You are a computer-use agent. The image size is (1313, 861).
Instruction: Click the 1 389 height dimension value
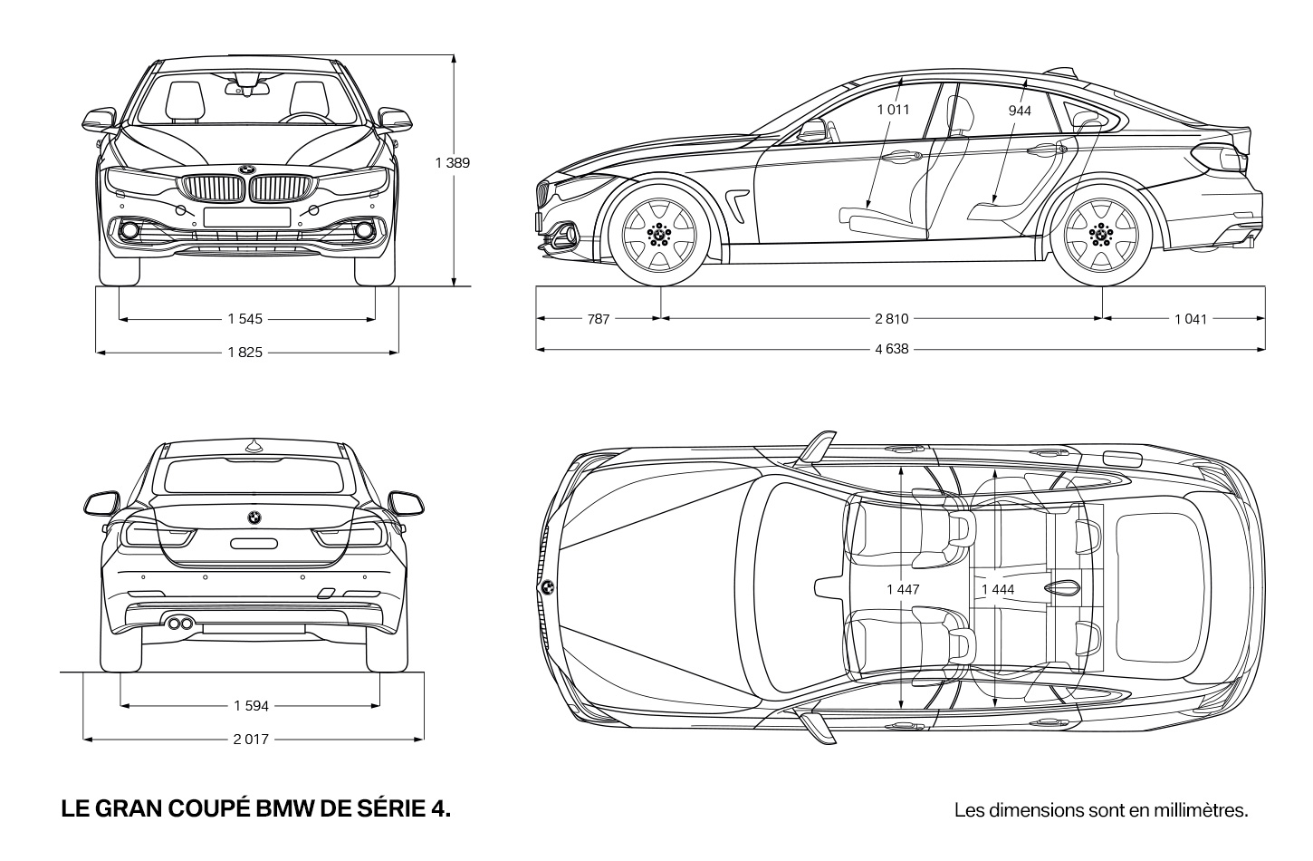(453, 162)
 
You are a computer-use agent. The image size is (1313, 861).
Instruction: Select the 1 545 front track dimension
(245, 319)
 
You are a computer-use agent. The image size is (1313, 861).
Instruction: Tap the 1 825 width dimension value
(245, 353)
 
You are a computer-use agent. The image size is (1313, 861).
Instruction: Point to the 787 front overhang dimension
(599, 319)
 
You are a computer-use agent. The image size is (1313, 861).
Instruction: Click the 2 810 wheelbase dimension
(892, 319)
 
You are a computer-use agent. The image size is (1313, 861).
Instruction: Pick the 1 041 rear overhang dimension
(1191, 319)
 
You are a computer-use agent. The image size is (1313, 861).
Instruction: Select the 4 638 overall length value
(892, 349)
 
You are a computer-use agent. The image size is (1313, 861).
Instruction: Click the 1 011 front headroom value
(894, 110)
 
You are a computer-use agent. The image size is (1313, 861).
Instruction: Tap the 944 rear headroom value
(1020, 111)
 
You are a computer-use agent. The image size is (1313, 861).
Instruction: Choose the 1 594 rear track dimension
(251, 706)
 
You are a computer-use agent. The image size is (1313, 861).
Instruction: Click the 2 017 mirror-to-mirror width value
(251, 739)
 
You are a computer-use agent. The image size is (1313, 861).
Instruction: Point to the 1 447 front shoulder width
(904, 589)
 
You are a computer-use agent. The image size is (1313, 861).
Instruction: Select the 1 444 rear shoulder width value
(998, 589)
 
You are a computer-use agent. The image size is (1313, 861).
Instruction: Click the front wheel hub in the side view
(659, 235)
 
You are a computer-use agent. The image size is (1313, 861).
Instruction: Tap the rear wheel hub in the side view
(1101, 235)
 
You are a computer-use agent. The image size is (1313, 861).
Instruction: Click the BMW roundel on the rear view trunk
(254, 518)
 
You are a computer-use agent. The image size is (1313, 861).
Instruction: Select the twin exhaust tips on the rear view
(180, 623)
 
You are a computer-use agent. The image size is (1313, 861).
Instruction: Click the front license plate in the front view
(247, 217)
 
